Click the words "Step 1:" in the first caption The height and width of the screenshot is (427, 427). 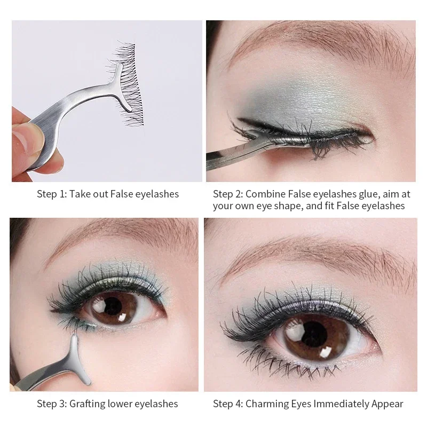[51, 194]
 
